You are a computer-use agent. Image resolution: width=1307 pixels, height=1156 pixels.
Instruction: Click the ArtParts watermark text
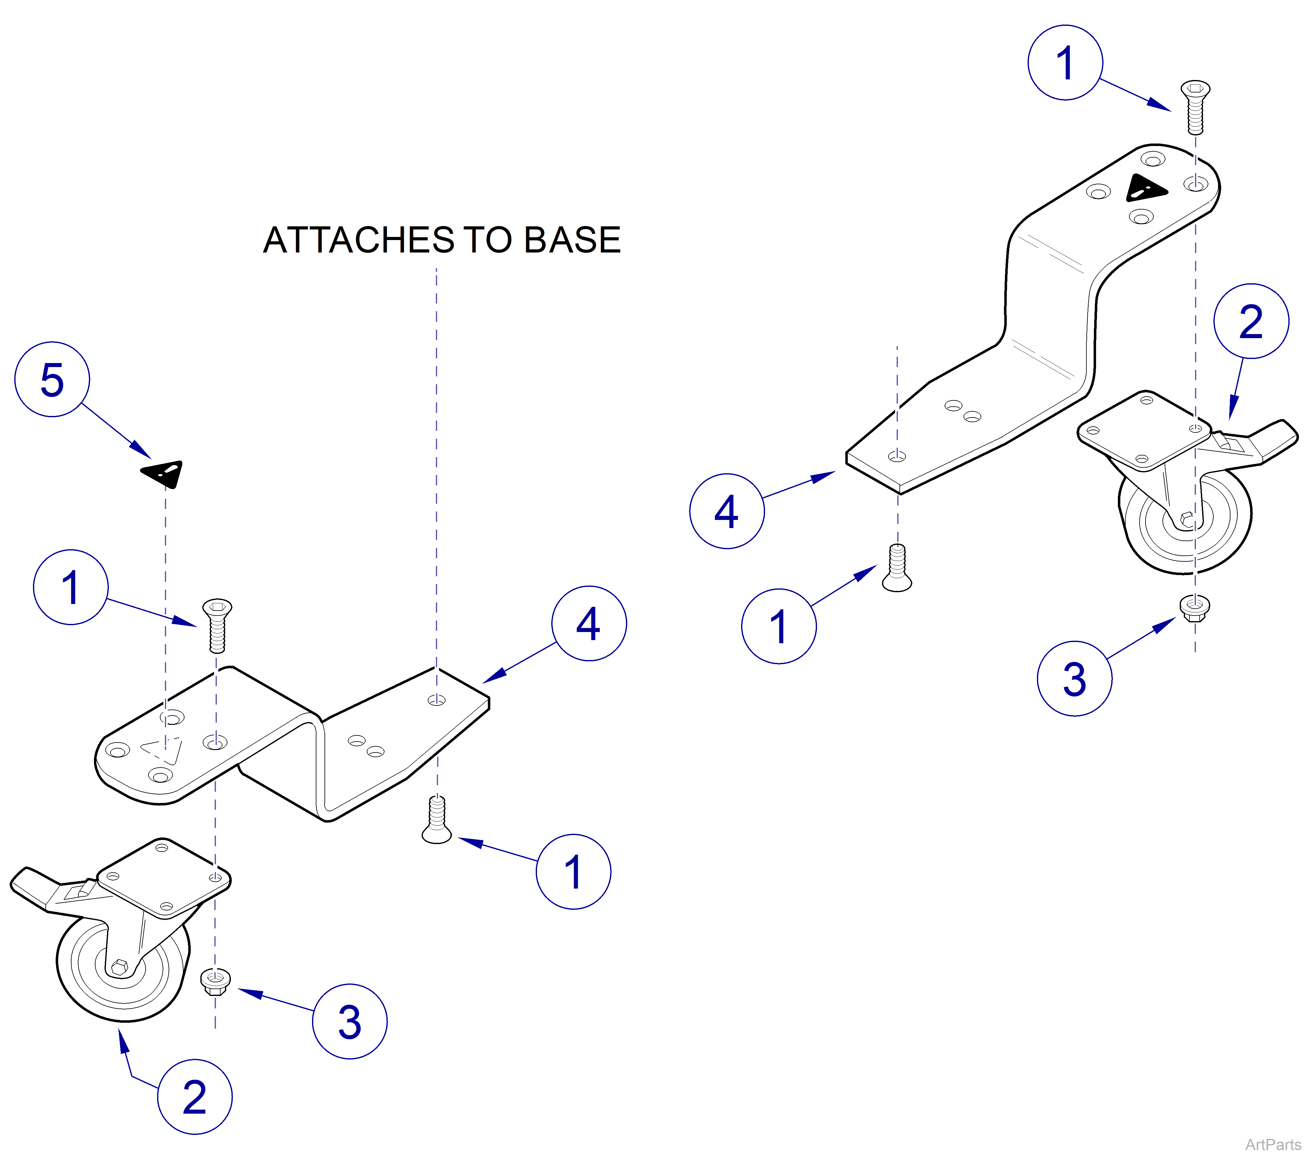[x=1272, y=1144]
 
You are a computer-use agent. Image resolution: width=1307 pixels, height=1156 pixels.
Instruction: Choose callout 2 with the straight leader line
[x=1251, y=321]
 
